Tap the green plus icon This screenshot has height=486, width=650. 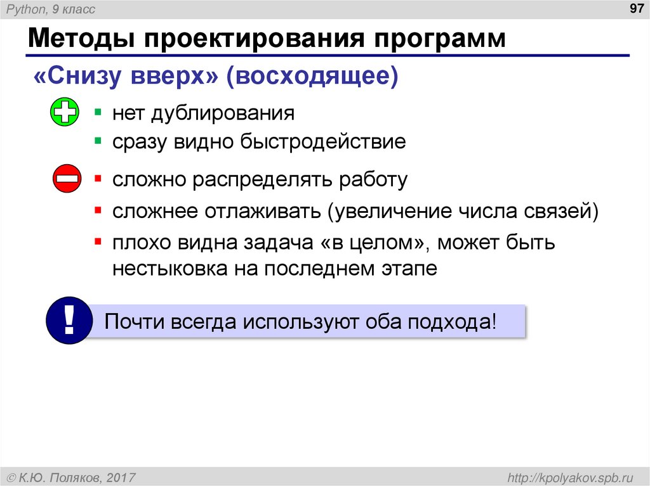pos(64,113)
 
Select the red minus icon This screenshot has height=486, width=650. pos(66,179)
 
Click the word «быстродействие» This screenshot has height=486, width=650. pos(322,142)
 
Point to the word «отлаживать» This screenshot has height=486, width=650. pos(264,210)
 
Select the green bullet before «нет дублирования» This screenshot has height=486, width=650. pos(98,112)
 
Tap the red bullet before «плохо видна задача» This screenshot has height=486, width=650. pos(98,241)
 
